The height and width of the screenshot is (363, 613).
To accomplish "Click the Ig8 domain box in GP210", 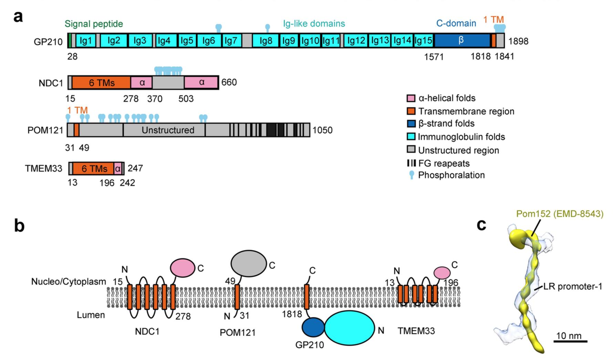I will [266, 41].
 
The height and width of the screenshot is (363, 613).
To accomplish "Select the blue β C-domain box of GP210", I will [462, 41].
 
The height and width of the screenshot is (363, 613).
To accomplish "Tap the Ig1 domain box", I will [86, 41].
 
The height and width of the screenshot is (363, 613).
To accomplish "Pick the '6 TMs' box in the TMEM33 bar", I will [94, 168].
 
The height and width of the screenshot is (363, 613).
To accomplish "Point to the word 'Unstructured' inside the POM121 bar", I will [168, 130].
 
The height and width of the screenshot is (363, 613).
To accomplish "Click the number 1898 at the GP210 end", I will [518, 41].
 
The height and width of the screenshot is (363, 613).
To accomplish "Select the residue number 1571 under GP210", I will [434, 57].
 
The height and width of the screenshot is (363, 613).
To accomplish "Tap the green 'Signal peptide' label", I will [94, 24].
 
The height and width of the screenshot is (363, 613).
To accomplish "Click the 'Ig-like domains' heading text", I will [314, 23].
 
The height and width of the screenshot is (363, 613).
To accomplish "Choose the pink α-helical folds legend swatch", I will [411, 98].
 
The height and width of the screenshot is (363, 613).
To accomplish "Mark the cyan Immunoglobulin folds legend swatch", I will [411, 137].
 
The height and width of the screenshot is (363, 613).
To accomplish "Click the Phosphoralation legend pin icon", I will [411, 175].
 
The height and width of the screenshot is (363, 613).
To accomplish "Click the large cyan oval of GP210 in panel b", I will [350, 328].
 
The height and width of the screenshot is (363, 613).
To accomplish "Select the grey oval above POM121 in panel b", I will [248, 263].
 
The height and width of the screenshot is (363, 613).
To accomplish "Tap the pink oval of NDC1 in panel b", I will [183, 268].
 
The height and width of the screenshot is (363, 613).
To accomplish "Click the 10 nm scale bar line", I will [570, 341].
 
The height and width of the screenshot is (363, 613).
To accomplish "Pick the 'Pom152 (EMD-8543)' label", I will [560, 214].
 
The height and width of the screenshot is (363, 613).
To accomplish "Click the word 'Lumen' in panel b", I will [91, 315].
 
